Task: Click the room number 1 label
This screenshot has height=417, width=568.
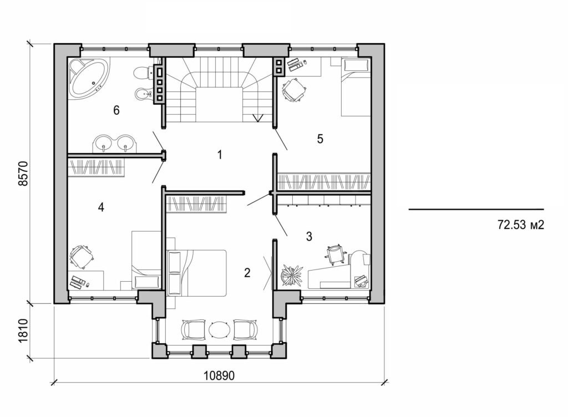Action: pyautogui.click(x=220, y=155)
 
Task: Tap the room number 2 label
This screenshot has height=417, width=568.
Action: pyautogui.click(x=247, y=272)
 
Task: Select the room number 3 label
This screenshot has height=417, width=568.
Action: pyautogui.click(x=309, y=237)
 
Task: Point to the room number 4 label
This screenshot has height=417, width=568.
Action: pyautogui.click(x=100, y=207)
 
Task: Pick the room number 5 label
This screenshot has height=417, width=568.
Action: pyautogui.click(x=320, y=139)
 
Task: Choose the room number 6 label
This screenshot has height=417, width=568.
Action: pyautogui.click(x=116, y=110)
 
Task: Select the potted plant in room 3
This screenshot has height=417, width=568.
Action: pyautogui.click(x=291, y=274)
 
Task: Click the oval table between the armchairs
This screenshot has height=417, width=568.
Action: pyautogui.click(x=219, y=329)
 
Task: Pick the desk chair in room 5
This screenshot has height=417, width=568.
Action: pyautogui.click(x=293, y=90)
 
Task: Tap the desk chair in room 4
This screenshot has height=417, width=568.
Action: pyautogui.click(x=82, y=257)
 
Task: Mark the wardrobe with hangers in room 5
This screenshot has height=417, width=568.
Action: pyautogui.click(x=323, y=181)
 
